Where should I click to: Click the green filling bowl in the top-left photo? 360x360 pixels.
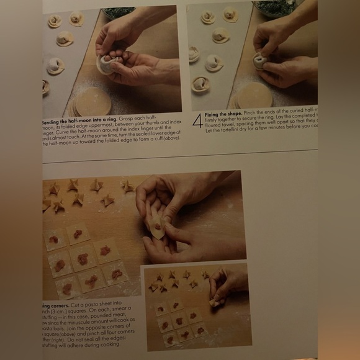point(119,12)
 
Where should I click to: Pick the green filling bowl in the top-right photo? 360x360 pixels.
point(275,7)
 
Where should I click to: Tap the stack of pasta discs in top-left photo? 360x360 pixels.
point(92,99)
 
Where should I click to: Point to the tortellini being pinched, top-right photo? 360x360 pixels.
point(261,60)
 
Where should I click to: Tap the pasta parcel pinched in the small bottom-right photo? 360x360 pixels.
point(217,302)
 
